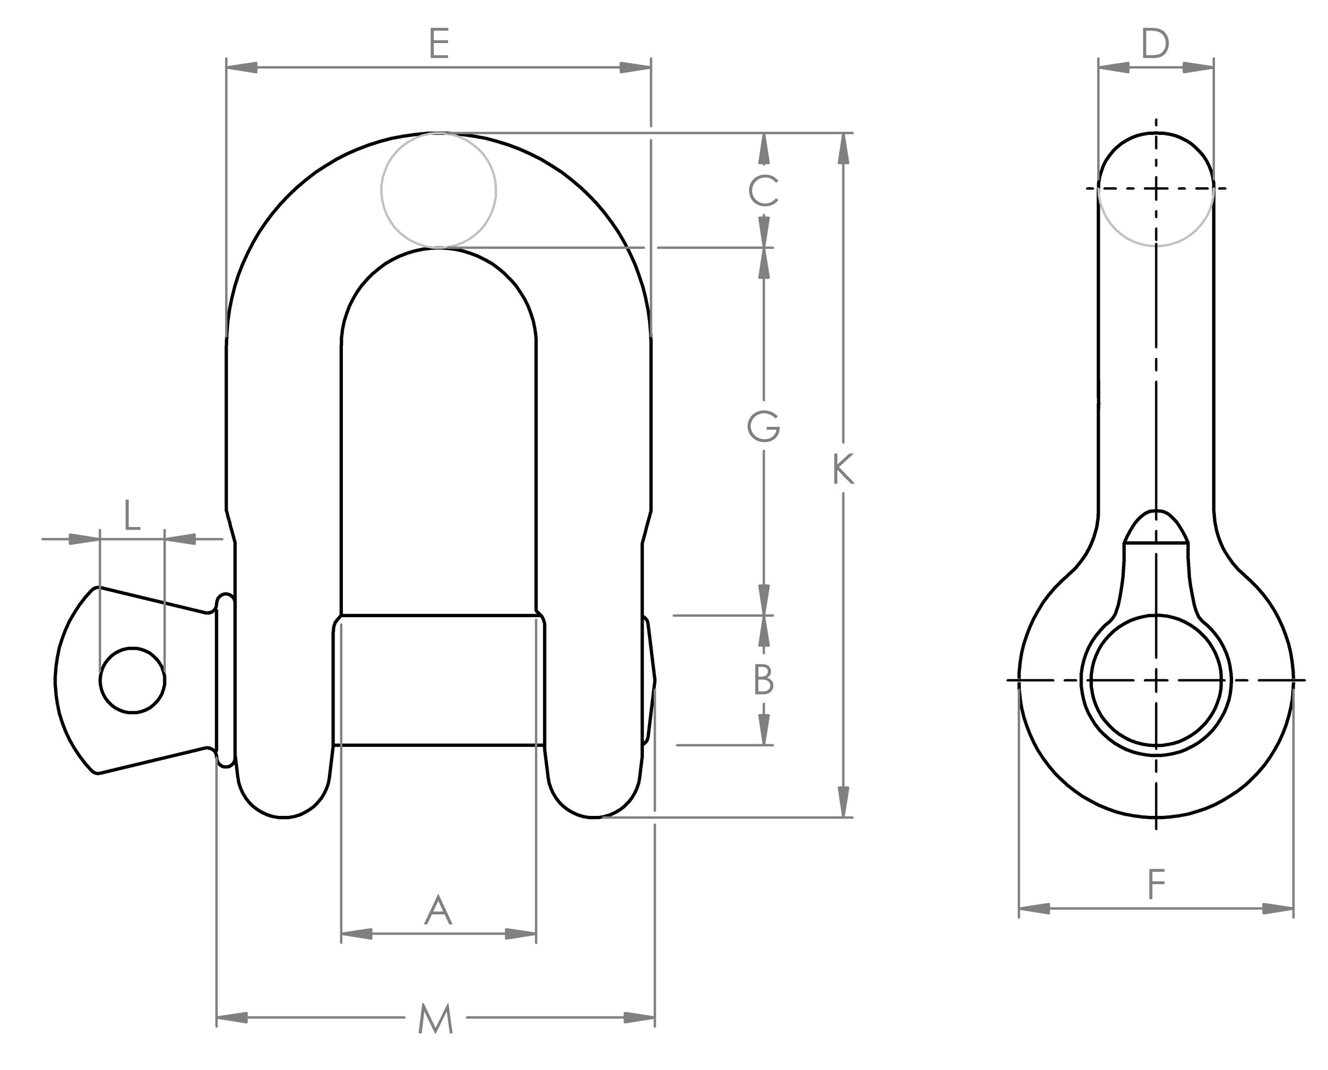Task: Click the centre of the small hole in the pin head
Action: coord(133,680)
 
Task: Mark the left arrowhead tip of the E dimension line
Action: coord(227,67)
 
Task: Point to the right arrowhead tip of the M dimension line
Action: coord(655,1017)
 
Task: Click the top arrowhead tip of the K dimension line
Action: coord(844,134)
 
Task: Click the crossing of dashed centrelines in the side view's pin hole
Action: coord(1156,680)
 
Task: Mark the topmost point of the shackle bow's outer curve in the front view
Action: coord(438,133)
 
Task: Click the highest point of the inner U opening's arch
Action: coord(438,248)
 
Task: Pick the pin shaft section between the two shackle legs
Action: coord(438,680)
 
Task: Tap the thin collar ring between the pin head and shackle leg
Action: coord(225,680)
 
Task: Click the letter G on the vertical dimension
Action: coord(763,426)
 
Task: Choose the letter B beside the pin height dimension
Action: coord(763,680)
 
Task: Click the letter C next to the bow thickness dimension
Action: coord(763,190)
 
